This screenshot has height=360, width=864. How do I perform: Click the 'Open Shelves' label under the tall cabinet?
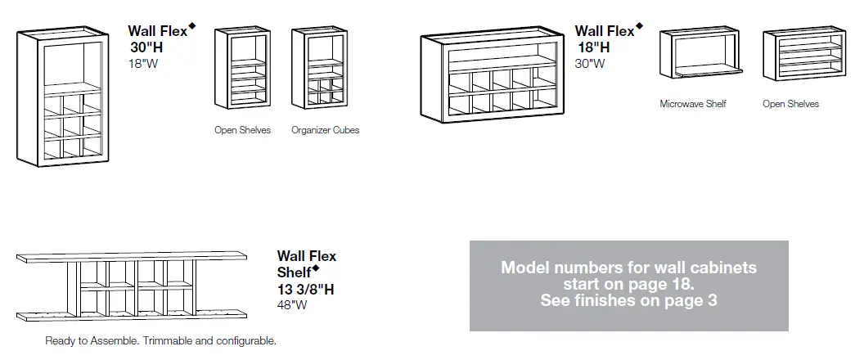242,130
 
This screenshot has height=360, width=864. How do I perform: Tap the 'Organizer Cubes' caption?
325,130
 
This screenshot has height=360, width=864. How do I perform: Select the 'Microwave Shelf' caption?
692,104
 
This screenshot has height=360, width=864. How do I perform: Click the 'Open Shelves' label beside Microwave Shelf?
790,104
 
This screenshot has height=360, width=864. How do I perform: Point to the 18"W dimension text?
142,63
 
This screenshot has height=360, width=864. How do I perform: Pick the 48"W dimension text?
292,305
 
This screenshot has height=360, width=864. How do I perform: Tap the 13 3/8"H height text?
305,289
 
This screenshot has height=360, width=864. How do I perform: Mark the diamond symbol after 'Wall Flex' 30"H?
192,26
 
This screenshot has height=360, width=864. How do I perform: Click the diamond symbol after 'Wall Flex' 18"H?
639,26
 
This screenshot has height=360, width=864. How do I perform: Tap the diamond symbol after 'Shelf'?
315,268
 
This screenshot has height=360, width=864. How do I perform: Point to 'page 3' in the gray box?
692,300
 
